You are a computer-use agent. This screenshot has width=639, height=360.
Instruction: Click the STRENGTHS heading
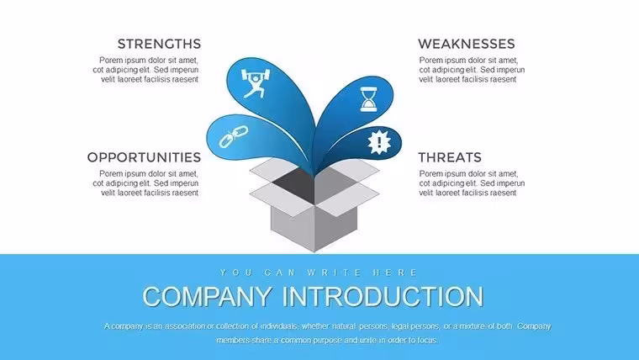(160, 44)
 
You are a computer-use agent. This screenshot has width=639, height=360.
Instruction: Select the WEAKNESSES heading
(466, 44)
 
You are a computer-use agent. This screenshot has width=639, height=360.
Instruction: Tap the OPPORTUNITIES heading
(144, 157)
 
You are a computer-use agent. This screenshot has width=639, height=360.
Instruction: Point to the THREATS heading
(450, 157)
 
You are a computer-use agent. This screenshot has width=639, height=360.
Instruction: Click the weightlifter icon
(256, 83)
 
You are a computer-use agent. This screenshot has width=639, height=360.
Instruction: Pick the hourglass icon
(369, 99)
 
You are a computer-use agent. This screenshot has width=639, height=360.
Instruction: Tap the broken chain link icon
(234, 136)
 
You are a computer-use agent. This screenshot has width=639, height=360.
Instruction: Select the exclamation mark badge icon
(379, 142)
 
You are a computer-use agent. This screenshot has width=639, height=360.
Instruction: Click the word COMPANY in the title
(208, 296)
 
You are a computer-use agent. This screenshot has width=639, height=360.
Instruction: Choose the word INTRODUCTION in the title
(383, 296)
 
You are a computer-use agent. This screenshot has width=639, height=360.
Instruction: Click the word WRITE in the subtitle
(334, 273)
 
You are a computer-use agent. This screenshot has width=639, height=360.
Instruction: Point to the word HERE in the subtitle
(395, 273)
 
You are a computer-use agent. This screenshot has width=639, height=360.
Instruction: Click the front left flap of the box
(281, 199)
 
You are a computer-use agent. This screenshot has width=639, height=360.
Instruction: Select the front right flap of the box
(347, 199)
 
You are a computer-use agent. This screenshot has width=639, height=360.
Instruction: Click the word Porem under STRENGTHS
(111, 61)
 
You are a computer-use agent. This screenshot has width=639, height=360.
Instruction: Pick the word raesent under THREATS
(502, 193)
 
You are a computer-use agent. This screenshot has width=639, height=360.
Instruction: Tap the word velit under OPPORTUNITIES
(108, 193)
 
